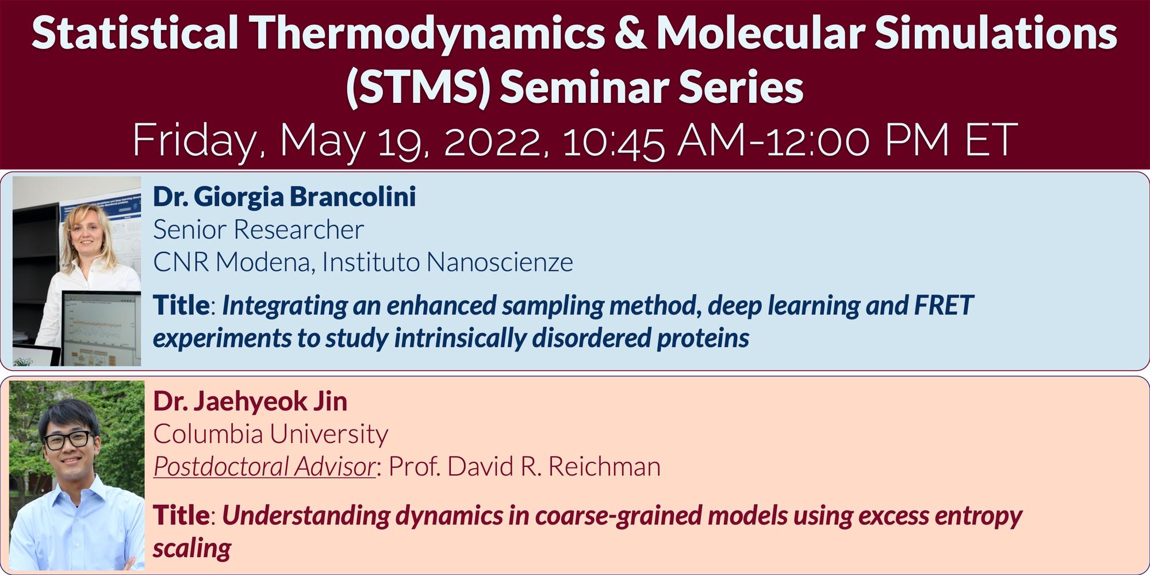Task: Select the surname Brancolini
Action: pyautogui.click(x=352, y=197)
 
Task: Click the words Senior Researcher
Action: pyautogui.click(x=258, y=229)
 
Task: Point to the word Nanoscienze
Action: pyautogui.click(x=500, y=262)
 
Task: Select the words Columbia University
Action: pyautogui.click(x=270, y=434)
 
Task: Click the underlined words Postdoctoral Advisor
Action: pyautogui.click(x=264, y=466)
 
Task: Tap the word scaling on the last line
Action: pyautogui.click(x=191, y=548)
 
